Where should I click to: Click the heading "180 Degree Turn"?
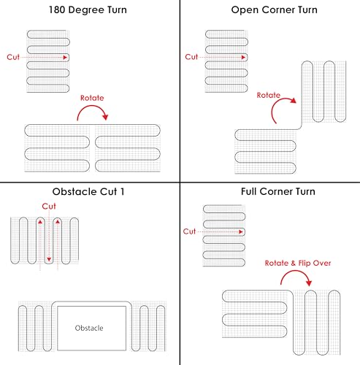[88, 10]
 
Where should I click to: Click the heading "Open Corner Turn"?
[275, 10]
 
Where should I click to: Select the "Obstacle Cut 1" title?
[88, 192]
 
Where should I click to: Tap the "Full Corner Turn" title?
[278, 191]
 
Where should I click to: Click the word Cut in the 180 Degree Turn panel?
[13, 57]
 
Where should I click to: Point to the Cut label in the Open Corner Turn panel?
[191, 57]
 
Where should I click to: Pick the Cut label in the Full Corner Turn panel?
[189, 231]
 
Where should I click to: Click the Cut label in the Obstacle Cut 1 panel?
[49, 207]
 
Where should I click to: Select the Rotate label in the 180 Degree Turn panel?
[92, 98]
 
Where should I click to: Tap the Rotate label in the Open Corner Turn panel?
[269, 95]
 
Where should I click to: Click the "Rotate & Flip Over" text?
[298, 263]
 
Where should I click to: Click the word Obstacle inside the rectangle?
[89, 328]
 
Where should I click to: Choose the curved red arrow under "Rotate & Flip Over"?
[296, 271]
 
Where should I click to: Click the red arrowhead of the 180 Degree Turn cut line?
[65, 58]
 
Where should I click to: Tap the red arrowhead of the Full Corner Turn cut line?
[241, 231]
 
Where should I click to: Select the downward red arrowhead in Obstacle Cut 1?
[49, 260]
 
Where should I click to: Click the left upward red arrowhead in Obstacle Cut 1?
[40, 222]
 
